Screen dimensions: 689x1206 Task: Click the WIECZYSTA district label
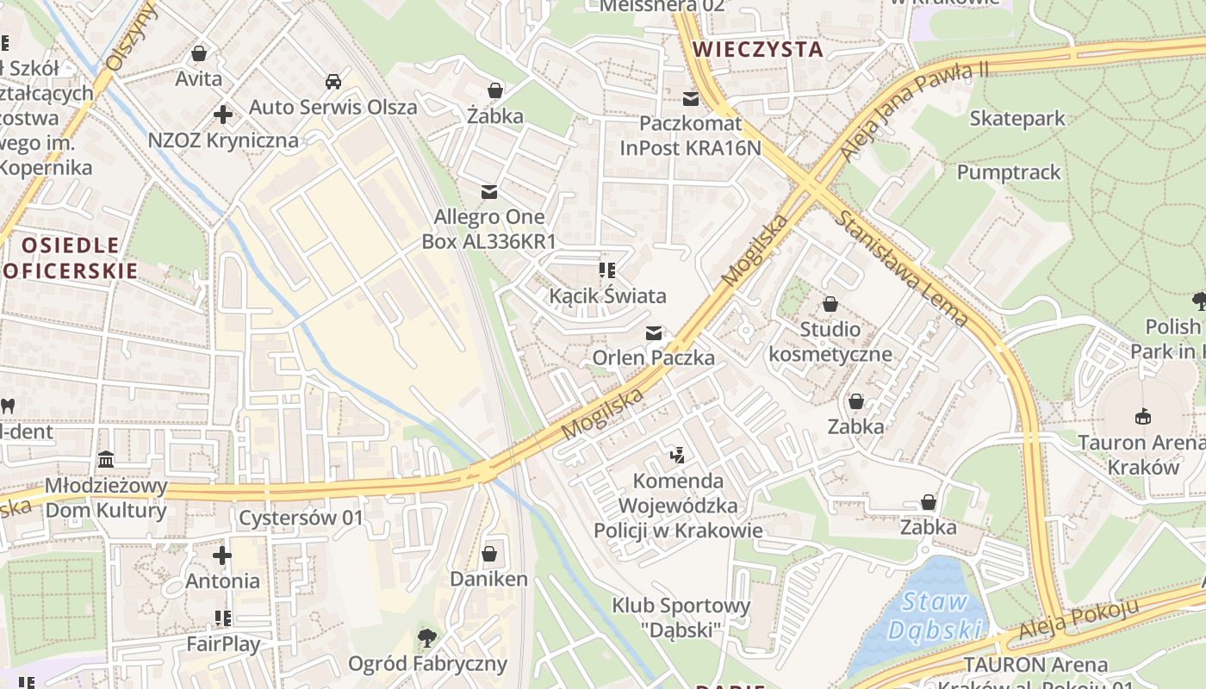tap(758, 49)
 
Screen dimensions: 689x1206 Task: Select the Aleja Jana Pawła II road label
tap(914, 111)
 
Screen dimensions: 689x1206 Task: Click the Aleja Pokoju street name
tap(1078, 619)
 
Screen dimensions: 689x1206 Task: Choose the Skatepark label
tap(1017, 118)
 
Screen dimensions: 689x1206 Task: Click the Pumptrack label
tap(1009, 172)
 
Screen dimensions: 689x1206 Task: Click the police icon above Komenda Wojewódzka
tap(677, 454)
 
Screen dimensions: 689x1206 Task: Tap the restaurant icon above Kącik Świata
tap(608, 270)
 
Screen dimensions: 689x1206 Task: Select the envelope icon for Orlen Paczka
tap(654, 332)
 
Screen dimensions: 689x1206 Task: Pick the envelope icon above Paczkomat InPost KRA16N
tap(690, 98)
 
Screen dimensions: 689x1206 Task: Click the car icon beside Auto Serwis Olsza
tap(333, 82)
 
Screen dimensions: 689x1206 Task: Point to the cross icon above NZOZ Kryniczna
tap(223, 114)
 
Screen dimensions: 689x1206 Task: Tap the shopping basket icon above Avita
tap(199, 53)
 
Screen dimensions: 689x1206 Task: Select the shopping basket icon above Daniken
tap(489, 553)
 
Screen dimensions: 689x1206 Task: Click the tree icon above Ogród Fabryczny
tap(427, 637)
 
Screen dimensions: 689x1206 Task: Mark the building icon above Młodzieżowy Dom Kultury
tap(106, 459)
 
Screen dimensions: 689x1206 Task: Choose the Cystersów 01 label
tap(301, 518)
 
